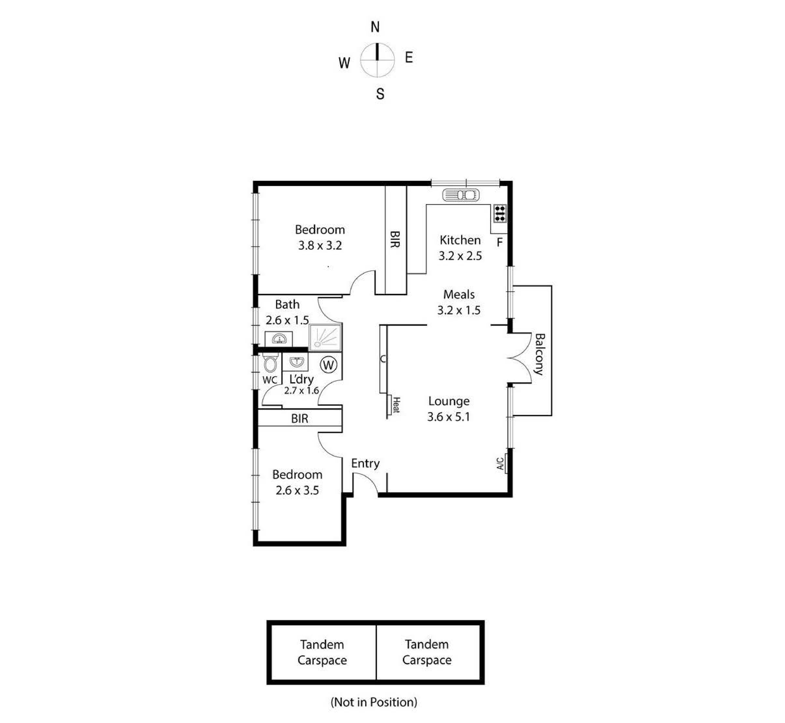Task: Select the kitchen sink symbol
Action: point(461,195)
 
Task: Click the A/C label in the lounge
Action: point(500,464)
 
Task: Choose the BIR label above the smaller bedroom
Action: point(300,419)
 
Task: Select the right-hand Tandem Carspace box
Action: point(427,652)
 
